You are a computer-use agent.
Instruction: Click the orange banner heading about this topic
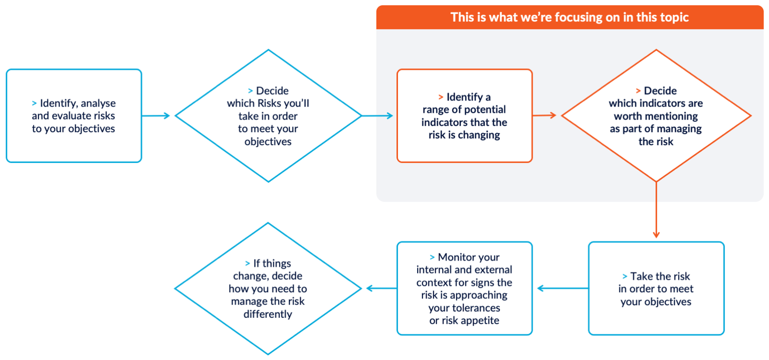click(x=569, y=17)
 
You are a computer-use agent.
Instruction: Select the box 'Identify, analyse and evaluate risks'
click(x=74, y=115)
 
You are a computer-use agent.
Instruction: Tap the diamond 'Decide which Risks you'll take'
click(x=268, y=115)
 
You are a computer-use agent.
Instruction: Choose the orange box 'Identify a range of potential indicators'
click(x=464, y=115)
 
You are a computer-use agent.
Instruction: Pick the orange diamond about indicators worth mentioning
click(x=656, y=115)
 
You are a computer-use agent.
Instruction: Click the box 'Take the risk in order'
click(x=656, y=288)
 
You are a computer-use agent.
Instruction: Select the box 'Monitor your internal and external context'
click(x=464, y=288)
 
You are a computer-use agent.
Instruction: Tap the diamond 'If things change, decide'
click(x=268, y=288)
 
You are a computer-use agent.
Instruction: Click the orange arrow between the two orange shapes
click(x=546, y=115)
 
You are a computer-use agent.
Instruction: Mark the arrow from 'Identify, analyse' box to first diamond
click(x=158, y=115)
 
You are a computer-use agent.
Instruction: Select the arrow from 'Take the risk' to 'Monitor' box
click(x=562, y=288)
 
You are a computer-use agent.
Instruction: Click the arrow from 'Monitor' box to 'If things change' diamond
click(x=380, y=288)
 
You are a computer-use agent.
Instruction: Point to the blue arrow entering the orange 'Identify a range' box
click(x=378, y=115)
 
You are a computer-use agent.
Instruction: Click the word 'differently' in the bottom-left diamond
click(x=268, y=314)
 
